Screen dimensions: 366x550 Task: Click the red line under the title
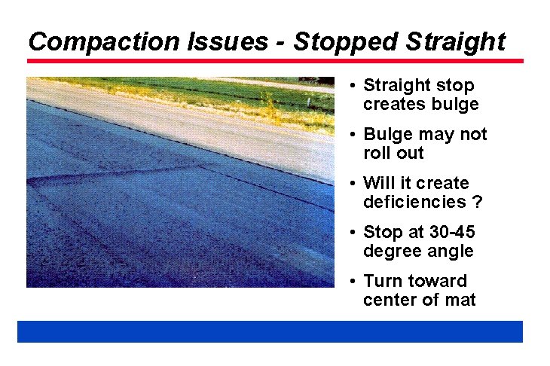275,61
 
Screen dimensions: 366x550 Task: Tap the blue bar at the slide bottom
270,331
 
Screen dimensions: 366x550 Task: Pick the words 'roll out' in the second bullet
393,154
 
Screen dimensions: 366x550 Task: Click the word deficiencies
414,203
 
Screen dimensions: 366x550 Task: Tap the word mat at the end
460,300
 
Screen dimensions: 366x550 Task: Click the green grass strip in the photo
226,98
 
